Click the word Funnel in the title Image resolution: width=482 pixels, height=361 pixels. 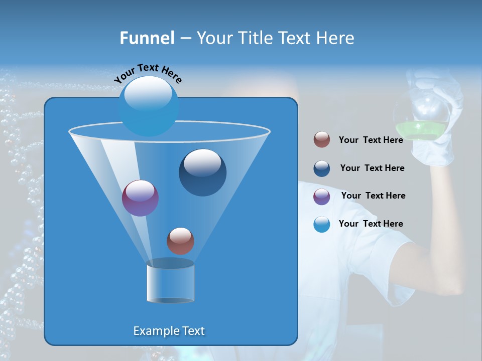[147, 38]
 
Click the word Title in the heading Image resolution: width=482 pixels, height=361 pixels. [254, 38]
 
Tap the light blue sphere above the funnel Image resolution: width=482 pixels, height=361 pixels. [149, 106]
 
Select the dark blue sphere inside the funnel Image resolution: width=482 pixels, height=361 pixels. [202, 172]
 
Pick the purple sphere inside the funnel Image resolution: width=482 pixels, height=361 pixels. [140, 198]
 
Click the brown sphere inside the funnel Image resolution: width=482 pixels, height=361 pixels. [180, 241]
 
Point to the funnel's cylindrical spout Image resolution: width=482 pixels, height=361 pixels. [170, 282]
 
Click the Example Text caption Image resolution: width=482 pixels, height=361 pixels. [169, 331]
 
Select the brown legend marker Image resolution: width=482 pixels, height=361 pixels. [322, 140]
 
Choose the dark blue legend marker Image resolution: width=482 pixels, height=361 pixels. [322, 168]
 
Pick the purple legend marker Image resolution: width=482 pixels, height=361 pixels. [322, 197]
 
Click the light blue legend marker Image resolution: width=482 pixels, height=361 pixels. [322, 224]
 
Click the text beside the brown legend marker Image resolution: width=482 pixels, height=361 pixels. [371, 140]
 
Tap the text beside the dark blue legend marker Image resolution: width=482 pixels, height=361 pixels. [372, 168]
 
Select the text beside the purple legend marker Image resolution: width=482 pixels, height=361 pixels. [373, 196]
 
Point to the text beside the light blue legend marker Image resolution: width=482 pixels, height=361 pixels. [371, 224]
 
